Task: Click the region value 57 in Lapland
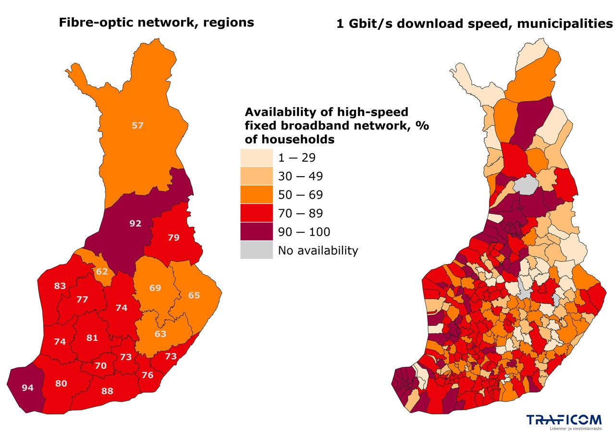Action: point(137,126)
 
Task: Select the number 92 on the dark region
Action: point(135,223)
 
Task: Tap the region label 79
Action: point(173,237)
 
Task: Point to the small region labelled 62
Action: point(102,271)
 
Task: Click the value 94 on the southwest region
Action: point(28,387)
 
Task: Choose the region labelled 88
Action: point(107,391)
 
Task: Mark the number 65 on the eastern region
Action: point(194,296)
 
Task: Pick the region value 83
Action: point(60,286)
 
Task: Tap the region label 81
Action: point(92,338)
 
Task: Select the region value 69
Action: point(155,288)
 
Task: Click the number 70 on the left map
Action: point(100,366)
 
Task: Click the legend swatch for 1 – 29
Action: point(257,157)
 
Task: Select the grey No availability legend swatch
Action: point(257,250)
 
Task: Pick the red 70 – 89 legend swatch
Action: point(257,213)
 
